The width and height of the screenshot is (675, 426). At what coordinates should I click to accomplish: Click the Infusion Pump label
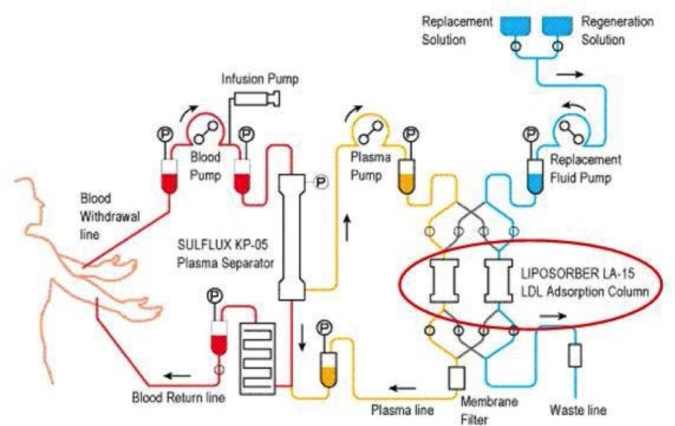pos(260,80)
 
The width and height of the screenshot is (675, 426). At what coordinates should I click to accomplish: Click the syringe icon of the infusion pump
pos(255,99)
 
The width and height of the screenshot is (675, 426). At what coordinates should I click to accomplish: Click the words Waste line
pos(578,410)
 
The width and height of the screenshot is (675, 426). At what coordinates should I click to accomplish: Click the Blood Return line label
pos(179,398)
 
